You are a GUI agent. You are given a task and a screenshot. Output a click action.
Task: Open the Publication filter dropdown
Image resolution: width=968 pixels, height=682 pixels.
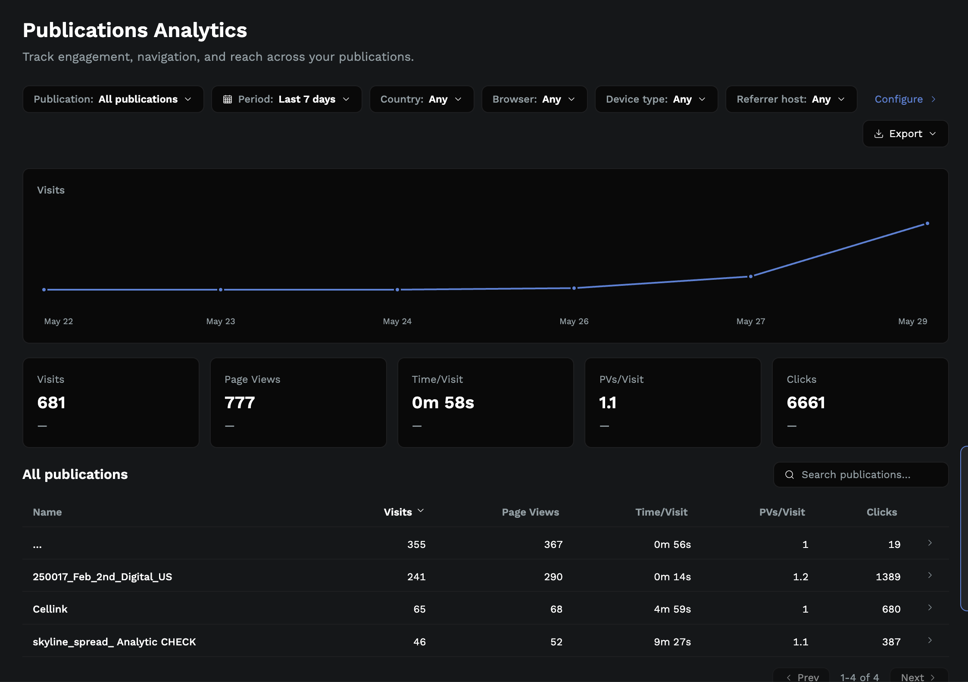tap(113, 99)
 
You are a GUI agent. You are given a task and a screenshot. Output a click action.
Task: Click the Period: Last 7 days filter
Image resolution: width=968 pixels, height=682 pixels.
tap(287, 99)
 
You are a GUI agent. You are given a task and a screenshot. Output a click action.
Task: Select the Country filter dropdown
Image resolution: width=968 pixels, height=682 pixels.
tap(422, 99)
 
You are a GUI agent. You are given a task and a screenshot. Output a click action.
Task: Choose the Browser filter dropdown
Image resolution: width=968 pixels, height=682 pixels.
tap(534, 99)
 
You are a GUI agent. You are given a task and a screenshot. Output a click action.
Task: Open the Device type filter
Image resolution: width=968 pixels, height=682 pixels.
tap(656, 99)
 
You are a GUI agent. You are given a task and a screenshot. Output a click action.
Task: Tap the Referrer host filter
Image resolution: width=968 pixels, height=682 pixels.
tap(791, 99)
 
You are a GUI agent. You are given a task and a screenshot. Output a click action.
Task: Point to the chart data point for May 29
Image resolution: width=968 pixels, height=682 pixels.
tap(927, 223)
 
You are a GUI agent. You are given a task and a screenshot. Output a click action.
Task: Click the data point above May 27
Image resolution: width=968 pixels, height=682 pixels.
tap(751, 276)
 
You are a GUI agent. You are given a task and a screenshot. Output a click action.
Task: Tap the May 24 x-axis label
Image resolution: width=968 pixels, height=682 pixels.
tap(397, 321)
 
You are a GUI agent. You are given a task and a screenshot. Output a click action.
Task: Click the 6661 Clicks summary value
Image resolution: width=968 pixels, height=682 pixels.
tap(806, 403)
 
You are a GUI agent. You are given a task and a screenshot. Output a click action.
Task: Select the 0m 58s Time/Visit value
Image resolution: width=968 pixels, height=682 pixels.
tap(443, 403)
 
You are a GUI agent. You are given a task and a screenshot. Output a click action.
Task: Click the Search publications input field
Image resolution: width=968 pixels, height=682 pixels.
tap(861, 475)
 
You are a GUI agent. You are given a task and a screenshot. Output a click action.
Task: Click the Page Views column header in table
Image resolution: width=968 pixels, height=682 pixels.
tap(531, 512)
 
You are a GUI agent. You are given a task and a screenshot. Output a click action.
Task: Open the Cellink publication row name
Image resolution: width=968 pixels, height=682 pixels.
tap(50, 609)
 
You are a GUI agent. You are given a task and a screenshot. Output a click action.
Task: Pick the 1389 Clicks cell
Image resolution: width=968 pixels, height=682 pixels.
tap(888, 576)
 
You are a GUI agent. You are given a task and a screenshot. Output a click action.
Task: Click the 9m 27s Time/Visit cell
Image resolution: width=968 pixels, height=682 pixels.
tap(672, 641)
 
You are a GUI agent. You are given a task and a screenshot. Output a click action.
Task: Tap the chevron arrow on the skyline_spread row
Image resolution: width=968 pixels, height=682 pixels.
tap(930, 640)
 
